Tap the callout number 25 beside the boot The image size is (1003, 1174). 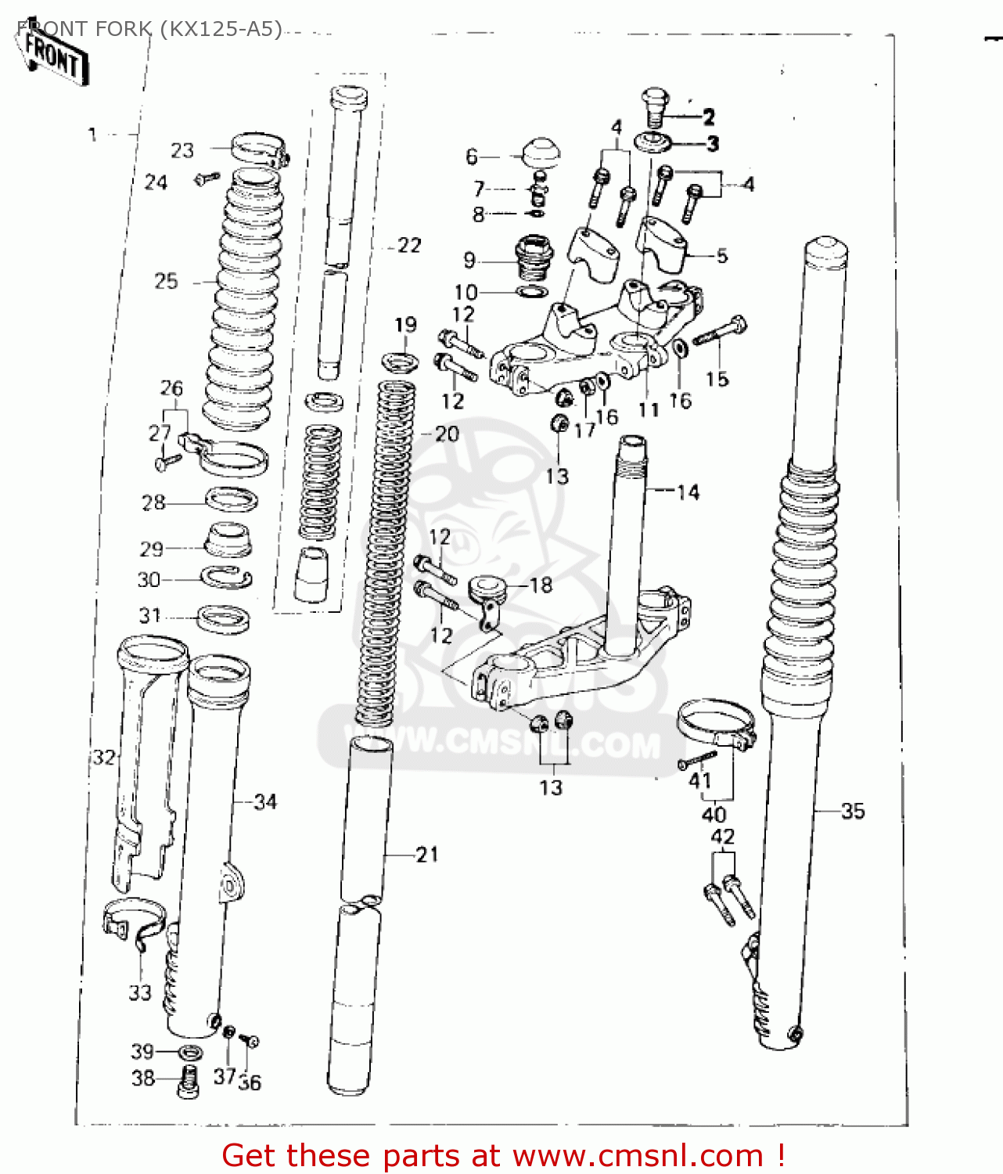click(x=166, y=281)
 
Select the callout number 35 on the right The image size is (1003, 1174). click(x=853, y=811)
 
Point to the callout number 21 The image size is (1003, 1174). click(x=427, y=854)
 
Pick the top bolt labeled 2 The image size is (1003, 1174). click(x=655, y=106)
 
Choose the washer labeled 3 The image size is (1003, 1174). click(x=652, y=143)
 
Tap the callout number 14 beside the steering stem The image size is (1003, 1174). click(x=688, y=492)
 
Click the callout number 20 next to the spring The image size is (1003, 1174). click(x=447, y=434)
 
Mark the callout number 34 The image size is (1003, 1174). click(x=265, y=801)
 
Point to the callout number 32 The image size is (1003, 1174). click(x=104, y=757)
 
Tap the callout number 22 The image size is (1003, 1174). click(x=409, y=246)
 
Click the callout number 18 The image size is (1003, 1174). click(x=541, y=585)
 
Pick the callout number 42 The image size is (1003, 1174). click(x=723, y=837)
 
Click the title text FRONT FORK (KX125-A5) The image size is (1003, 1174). click(x=149, y=29)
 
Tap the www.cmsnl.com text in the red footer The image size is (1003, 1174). click(x=638, y=1155)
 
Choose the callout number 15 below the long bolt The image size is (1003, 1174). click(x=717, y=379)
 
